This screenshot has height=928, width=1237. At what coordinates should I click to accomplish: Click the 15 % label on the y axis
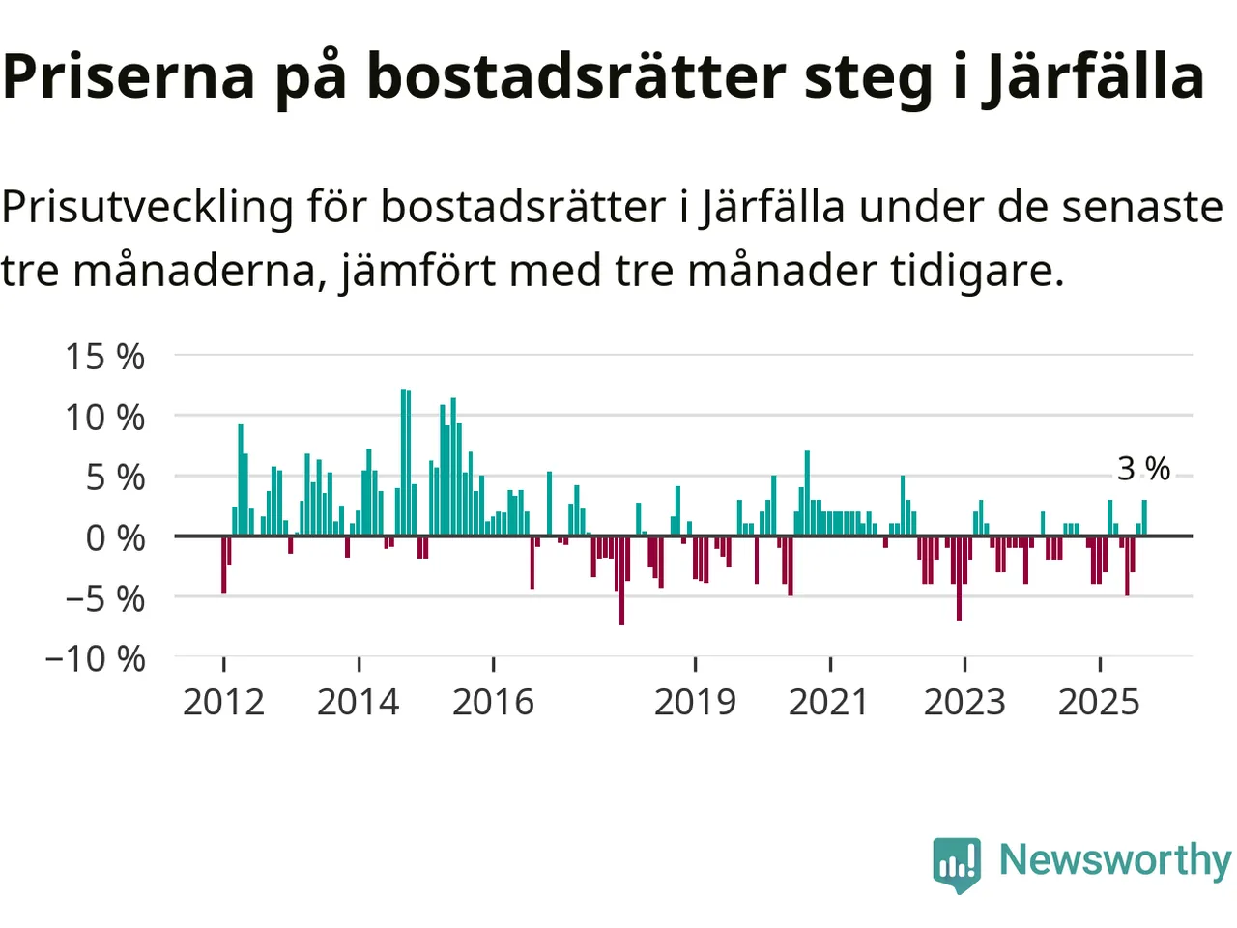(104, 357)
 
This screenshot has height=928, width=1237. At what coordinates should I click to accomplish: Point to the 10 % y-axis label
(104, 418)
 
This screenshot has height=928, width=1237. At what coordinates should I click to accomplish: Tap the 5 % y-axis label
(115, 478)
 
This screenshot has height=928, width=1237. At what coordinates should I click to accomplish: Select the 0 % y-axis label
(115, 538)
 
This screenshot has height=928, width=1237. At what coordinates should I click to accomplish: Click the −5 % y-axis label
(104, 599)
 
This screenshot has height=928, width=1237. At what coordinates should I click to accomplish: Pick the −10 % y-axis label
(95, 659)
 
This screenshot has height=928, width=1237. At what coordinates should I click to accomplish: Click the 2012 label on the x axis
(223, 702)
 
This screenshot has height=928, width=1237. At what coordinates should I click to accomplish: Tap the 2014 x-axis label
(358, 702)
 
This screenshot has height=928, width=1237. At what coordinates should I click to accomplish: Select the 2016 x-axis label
(493, 702)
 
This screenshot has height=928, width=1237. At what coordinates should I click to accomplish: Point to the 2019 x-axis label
(695, 702)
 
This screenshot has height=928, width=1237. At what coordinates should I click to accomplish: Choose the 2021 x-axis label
(829, 702)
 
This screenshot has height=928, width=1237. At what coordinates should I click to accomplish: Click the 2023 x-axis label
(964, 702)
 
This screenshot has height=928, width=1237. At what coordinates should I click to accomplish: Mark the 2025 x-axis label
(1099, 702)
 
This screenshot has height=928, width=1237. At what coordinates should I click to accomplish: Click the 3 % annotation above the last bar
(1143, 469)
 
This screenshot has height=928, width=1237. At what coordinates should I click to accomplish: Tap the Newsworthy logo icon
(957, 863)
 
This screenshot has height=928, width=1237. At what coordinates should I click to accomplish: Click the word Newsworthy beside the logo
(1114, 859)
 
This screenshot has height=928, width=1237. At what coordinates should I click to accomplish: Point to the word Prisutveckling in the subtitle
(147, 207)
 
